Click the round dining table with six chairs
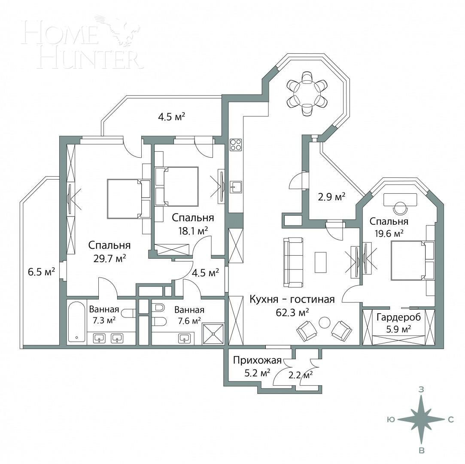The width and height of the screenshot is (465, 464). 307,93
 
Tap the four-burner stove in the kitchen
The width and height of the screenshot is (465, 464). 236,145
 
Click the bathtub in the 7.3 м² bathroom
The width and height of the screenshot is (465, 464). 77,322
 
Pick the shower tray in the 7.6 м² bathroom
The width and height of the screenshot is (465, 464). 213,333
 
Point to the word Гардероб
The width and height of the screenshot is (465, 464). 399,317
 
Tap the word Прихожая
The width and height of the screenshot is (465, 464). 252,360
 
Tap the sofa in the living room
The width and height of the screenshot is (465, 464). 293,262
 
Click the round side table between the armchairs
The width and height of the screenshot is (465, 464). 325,322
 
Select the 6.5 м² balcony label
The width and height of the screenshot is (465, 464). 41,272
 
